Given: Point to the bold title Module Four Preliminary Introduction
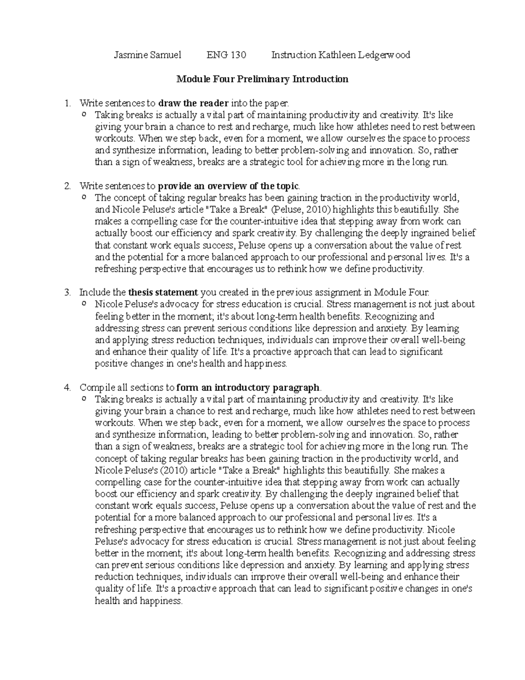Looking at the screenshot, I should coord(262,79).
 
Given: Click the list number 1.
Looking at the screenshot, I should coord(66,103).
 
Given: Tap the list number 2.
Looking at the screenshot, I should coord(66,186).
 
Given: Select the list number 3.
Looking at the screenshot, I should coord(66,292).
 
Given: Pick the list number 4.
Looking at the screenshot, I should coord(66,388).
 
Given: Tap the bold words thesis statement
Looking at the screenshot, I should coord(163,292).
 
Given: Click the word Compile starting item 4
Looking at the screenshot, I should coord(97,388).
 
